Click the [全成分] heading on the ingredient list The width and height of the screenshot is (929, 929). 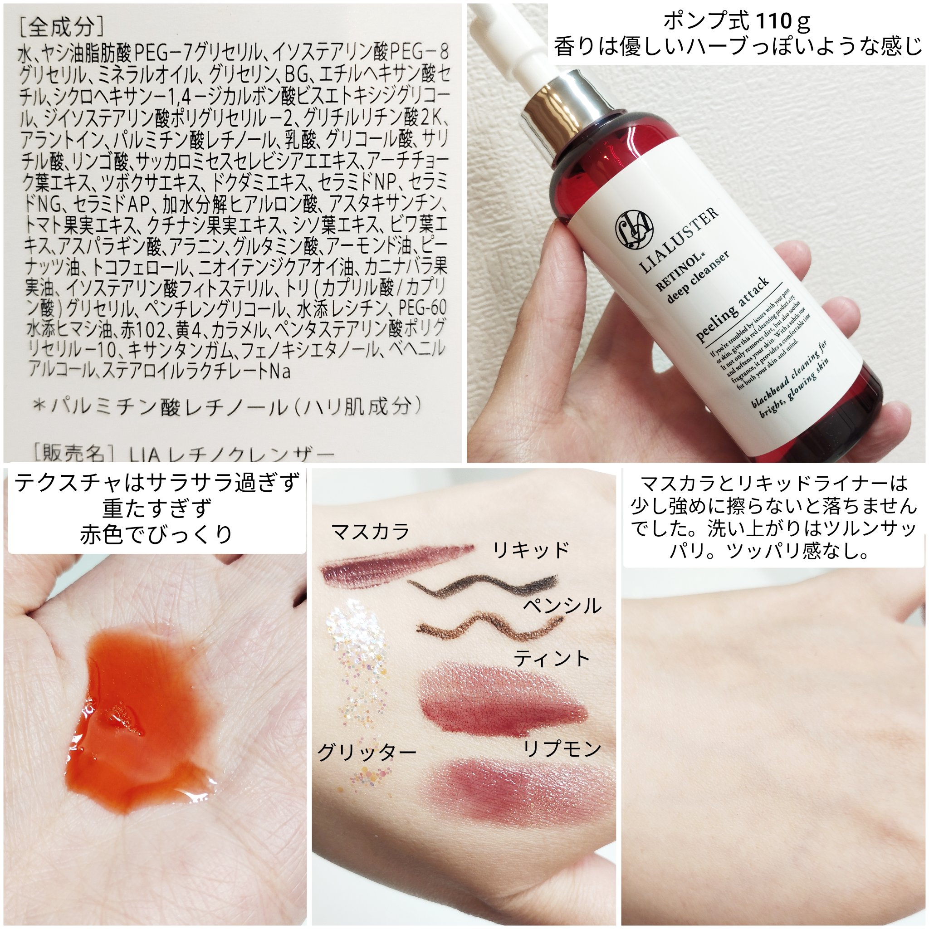pos(61,28)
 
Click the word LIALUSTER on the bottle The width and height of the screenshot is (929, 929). pos(680,239)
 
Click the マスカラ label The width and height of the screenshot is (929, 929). pos(370,532)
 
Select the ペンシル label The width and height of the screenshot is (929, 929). pos(562,606)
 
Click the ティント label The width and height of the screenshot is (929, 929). pos(552,658)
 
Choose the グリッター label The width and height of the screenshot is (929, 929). pos(367,753)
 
